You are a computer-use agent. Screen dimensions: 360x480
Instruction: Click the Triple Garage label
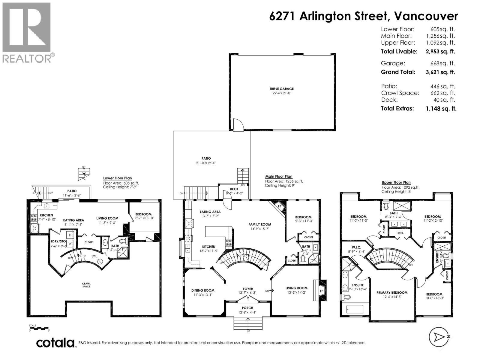[x=281, y=89]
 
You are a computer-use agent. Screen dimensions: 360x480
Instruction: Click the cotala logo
[x=55, y=343]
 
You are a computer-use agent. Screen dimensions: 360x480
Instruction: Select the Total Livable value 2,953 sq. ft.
[x=440, y=52]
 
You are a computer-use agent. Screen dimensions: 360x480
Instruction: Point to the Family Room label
[x=259, y=224]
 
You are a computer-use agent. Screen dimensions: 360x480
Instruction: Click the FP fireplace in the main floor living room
[x=321, y=291]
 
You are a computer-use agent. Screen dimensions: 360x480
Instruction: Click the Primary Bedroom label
[x=392, y=292]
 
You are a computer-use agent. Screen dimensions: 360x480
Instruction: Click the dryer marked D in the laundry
[x=70, y=235]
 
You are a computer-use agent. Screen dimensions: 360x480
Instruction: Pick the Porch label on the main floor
[x=247, y=308]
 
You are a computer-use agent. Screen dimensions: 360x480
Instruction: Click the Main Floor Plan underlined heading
[x=279, y=177]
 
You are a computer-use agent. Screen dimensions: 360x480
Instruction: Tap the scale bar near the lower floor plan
[x=39, y=328]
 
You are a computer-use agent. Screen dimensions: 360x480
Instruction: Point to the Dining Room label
[x=203, y=290]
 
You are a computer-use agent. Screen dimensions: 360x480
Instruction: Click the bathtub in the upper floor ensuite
[x=355, y=309]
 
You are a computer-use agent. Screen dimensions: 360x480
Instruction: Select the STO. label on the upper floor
[x=400, y=233]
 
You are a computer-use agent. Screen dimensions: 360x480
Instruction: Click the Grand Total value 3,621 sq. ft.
[x=440, y=72]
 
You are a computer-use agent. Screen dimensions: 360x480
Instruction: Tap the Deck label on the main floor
[x=234, y=189]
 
